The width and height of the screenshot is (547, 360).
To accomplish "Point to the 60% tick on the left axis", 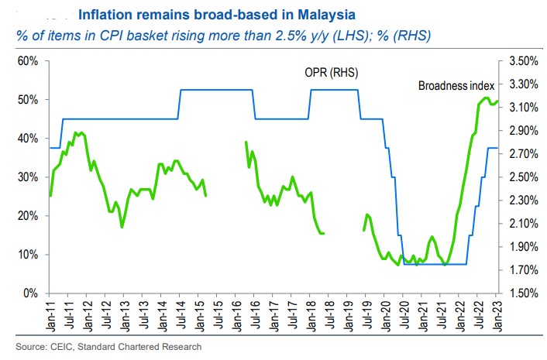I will [28, 61].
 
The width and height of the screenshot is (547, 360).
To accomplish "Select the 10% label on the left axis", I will [28, 255].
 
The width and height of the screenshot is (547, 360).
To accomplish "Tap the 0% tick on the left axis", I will [31, 293].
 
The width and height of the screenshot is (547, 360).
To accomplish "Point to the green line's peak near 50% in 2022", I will [486, 98].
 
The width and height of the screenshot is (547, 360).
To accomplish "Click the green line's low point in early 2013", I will [122, 227].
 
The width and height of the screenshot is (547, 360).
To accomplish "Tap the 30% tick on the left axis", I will [28, 177].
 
